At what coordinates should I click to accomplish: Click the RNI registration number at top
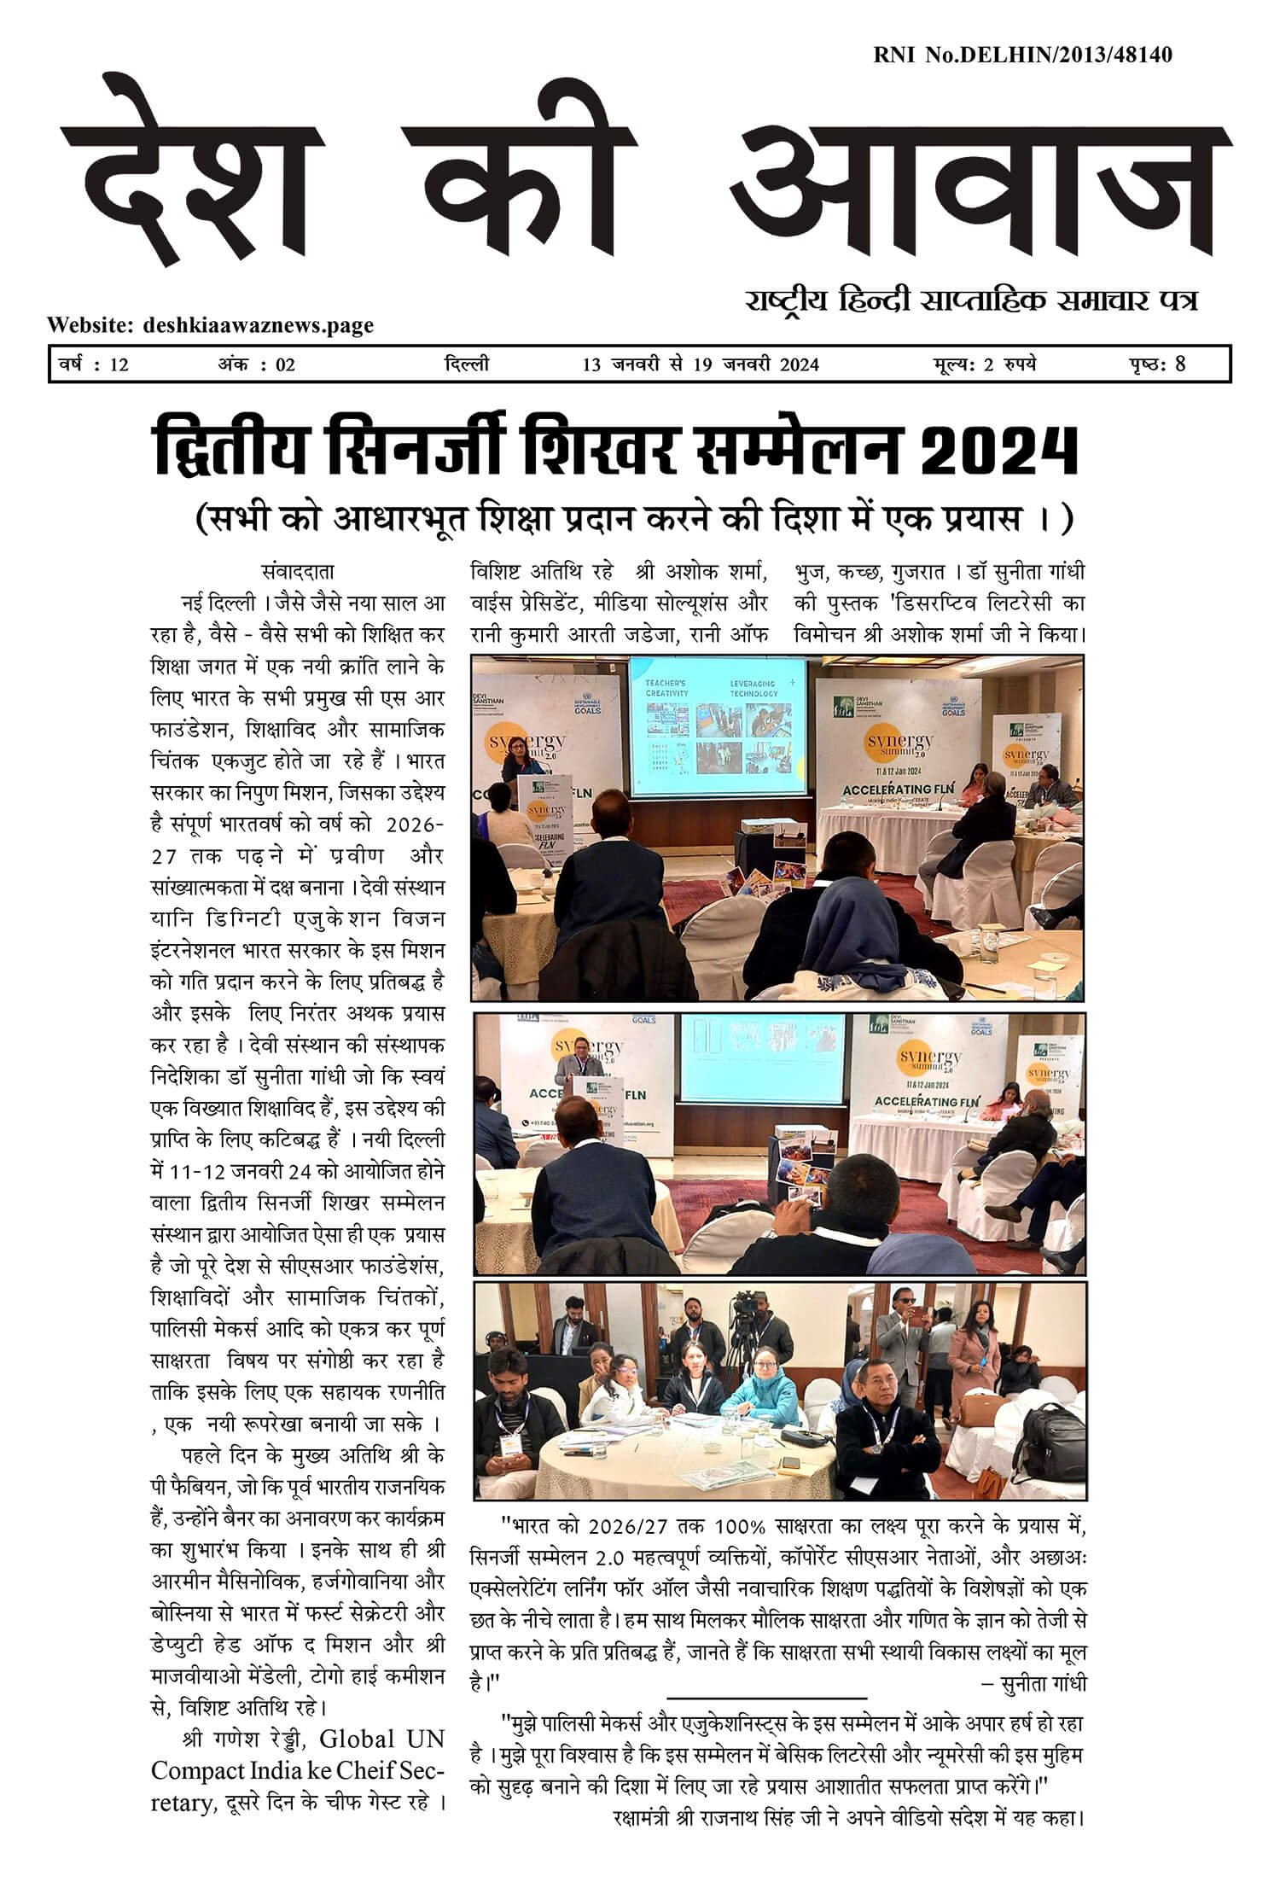pos(1022,55)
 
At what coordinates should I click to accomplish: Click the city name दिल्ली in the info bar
pos(467,364)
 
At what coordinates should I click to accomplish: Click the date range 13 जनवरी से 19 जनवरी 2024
pos(701,364)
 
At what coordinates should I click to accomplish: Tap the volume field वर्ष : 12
pos(93,364)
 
